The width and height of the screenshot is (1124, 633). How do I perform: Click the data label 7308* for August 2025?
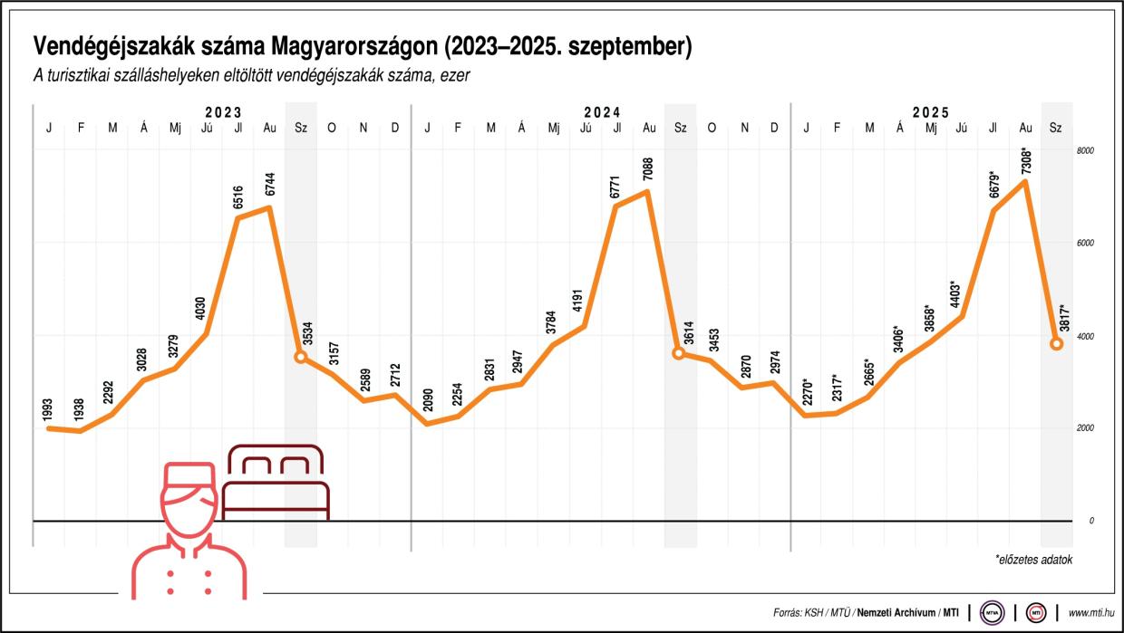click(x=1024, y=153)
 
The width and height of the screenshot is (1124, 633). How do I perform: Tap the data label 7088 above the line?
click(x=648, y=169)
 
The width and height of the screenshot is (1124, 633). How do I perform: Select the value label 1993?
click(x=48, y=407)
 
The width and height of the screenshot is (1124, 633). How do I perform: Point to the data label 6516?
click(x=238, y=196)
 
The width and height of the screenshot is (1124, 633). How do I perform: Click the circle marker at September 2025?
click(x=1057, y=343)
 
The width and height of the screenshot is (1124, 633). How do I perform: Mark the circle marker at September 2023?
click(x=301, y=357)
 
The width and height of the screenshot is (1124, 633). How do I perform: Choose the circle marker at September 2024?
click(x=679, y=352)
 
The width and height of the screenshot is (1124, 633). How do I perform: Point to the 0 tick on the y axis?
click(x=1091, y=521)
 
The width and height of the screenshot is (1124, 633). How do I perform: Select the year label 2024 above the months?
click(x=602, y=112)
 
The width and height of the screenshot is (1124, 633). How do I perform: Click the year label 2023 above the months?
click(x=223, y=112)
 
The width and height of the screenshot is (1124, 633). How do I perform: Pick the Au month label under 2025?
click(x=1025, y=129)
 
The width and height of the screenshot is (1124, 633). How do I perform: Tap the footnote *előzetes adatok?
click(x=1033, y=560)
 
